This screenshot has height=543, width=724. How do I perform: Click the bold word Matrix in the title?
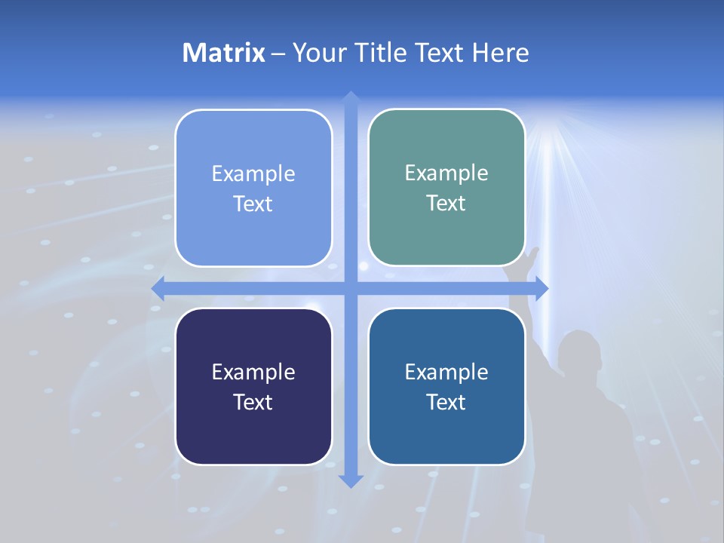223,53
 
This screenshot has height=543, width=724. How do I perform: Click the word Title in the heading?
382,53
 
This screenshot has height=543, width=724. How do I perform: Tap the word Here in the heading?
501,53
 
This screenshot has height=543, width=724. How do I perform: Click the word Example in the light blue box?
253,174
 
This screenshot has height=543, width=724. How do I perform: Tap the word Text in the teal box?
446,204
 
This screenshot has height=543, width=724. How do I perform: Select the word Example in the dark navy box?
253,373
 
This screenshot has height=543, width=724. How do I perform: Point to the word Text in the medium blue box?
446,402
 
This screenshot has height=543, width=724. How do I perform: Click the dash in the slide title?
278,54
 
